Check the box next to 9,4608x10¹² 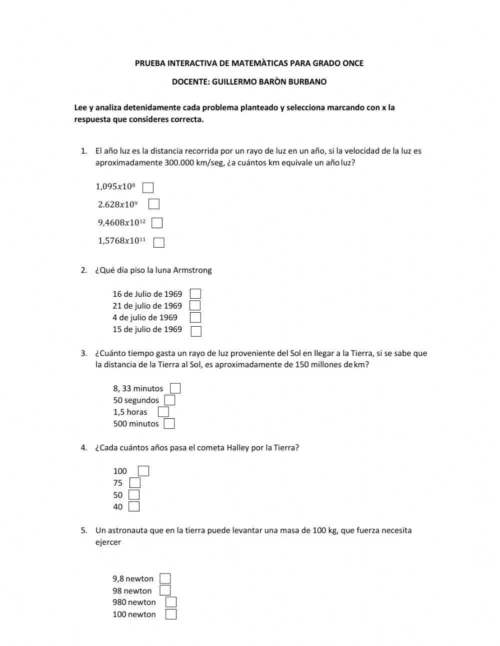pyautogui.click(x=157, y=223)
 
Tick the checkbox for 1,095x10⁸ pyautogui.click(x=148, y=188)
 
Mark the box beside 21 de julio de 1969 pyautogui.click(x=195, y=305)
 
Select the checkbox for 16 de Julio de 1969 pyautogui.click(x=195, y=294)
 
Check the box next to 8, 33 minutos pyautogui.click(x=175, y=388)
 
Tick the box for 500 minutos pyautogui.click(x=169, y=424)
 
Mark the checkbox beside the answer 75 pyautogui.click(x=134, y=483)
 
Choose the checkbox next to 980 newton pyautogui.click(x=171, y=602)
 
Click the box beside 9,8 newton pyautogui.click(x=165, y=578)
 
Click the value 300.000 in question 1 pyautogui.click(x=179, y=163)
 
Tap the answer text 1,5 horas pyautogui.click(x=130, y=412)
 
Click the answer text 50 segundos pyautogui.click(x=136, y=400)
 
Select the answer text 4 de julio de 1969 pyautogui.click(x=144, y=317)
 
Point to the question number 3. pyautogui.click(x=83, y=353)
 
